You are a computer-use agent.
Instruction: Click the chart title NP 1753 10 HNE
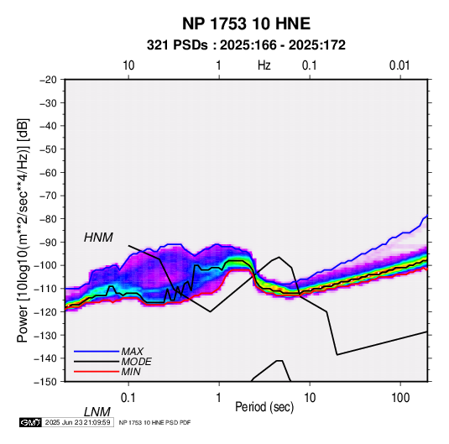[x=246, y=24]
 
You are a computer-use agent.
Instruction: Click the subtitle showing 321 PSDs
[x=246, y=45]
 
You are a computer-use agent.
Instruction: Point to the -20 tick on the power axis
[x=48, y=80]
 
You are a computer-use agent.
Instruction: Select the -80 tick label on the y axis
[x=48, y=219]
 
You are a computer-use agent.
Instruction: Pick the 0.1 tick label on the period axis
[x=128, y=398]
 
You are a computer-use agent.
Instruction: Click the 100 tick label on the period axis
[x=400, y=398]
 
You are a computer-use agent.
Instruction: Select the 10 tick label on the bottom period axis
[x=310, y=398]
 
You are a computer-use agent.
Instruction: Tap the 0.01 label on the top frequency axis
[x=399, y=65]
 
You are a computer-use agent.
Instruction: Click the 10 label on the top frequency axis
[x=128, y=65]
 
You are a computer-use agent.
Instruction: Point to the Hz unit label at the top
[x=264, y=65]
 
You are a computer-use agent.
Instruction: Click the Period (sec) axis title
[x=264, y=407]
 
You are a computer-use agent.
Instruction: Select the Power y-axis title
[x=23, y=230]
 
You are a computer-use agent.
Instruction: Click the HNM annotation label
[x=98, y=238]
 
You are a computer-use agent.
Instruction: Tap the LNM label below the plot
[x=97, y=412]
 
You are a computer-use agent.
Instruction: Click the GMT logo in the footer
[x=30, y=422]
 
